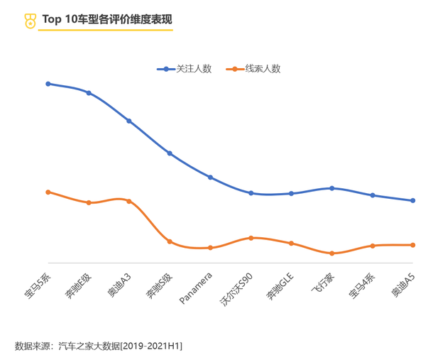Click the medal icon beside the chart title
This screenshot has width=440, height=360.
coord(29,21)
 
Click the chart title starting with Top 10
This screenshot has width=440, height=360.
coord(106,19)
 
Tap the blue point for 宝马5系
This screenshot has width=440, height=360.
coord(48,84)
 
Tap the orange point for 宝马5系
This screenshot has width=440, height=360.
coord(48,192)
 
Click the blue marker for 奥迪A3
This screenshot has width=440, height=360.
coord(129,121)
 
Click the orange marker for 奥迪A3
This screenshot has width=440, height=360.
coord(129,201)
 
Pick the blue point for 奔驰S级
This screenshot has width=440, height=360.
coord(170,153)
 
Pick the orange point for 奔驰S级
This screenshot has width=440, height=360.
coord(170,241)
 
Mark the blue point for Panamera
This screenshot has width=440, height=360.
coord(210,177)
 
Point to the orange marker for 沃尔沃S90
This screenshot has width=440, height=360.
coord(251,238)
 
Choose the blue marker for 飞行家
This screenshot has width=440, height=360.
coord(332,188)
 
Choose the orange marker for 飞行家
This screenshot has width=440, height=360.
coord(332,253)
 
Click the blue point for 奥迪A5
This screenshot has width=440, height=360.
coord(413,200)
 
